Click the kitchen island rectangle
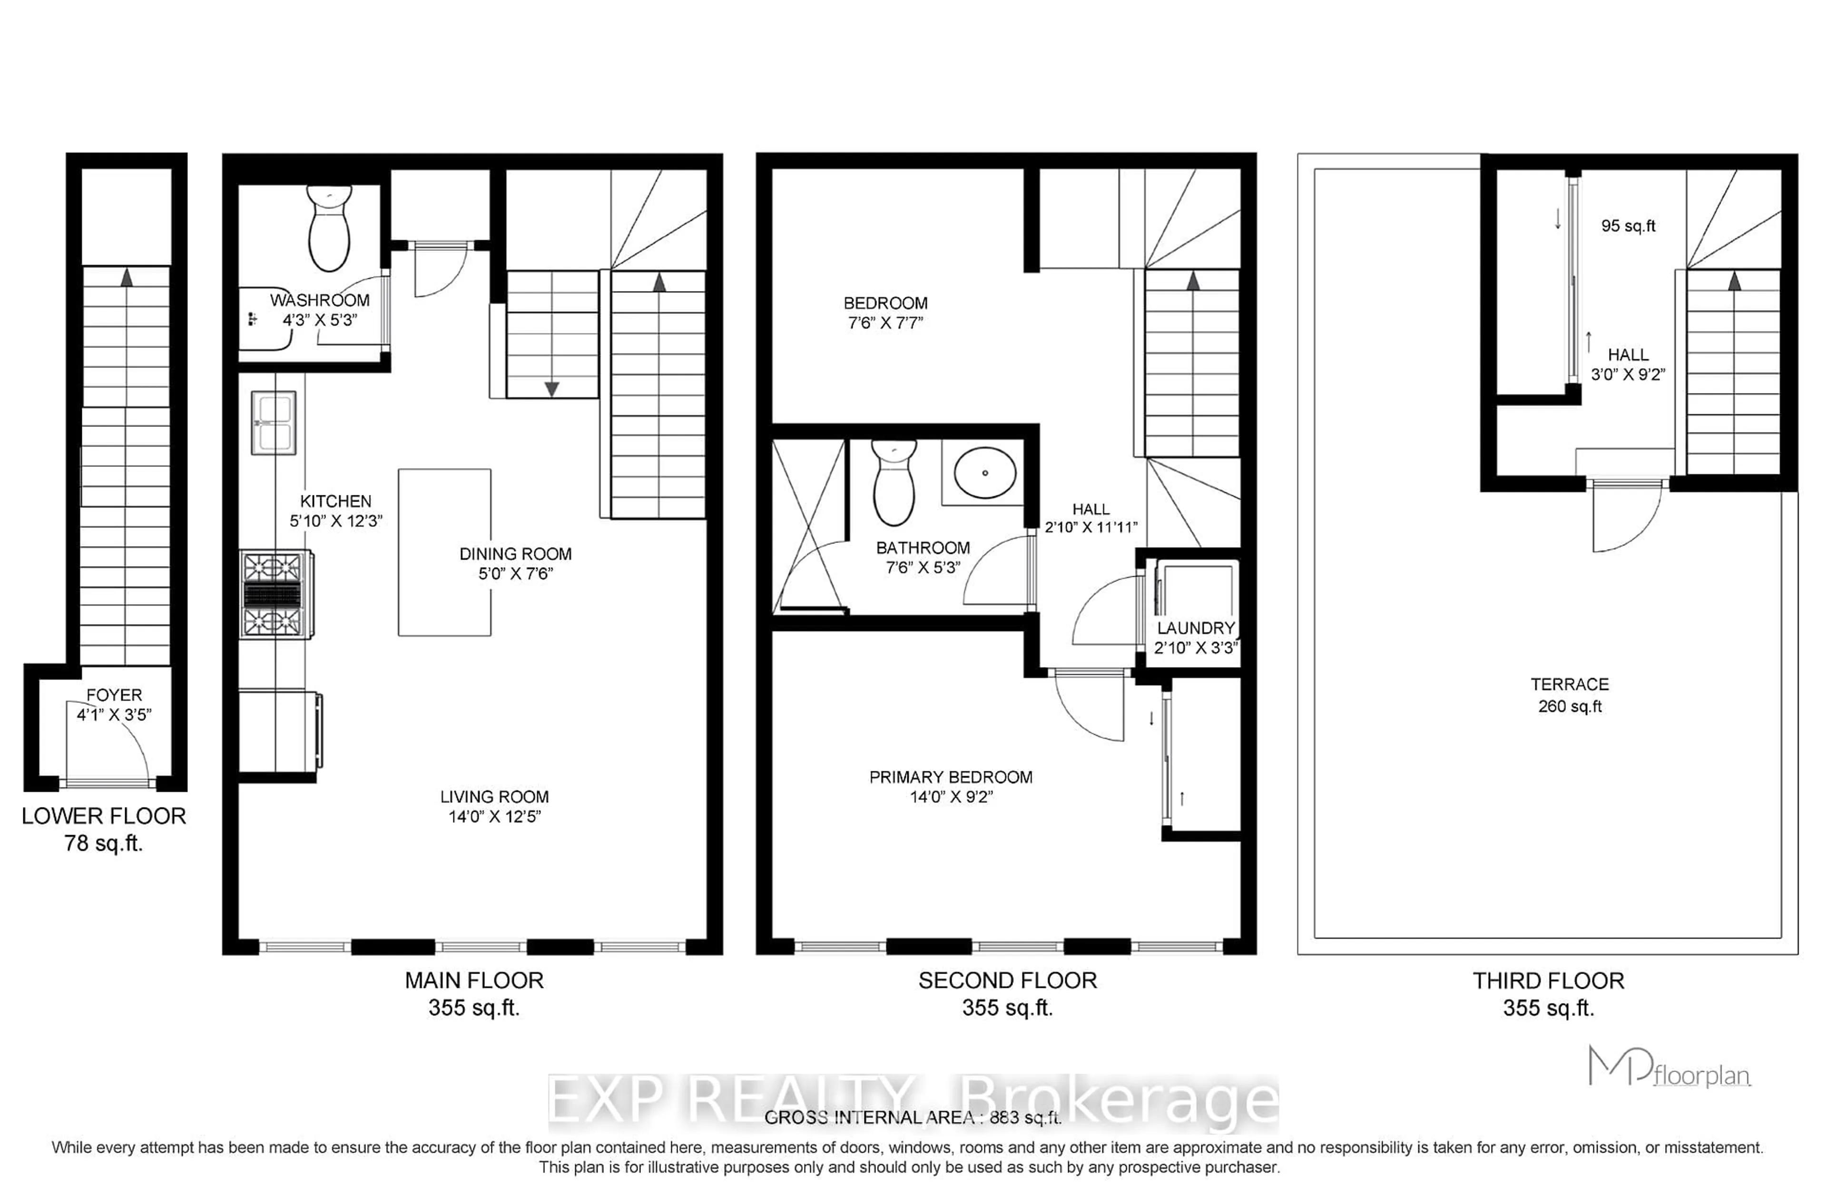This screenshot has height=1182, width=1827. point(444,552)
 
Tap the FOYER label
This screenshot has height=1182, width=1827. point(114,695)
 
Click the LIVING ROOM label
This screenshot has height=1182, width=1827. point(494,797)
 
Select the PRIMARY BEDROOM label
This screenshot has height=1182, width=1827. point(951,777)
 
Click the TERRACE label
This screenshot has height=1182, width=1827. point(1569,684)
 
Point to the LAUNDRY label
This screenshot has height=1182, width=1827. point(1196,628)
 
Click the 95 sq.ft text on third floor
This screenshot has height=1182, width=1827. point(1628,226)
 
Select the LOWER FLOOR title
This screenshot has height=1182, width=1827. point(104,816)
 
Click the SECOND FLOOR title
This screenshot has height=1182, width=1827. point(1008,980)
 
